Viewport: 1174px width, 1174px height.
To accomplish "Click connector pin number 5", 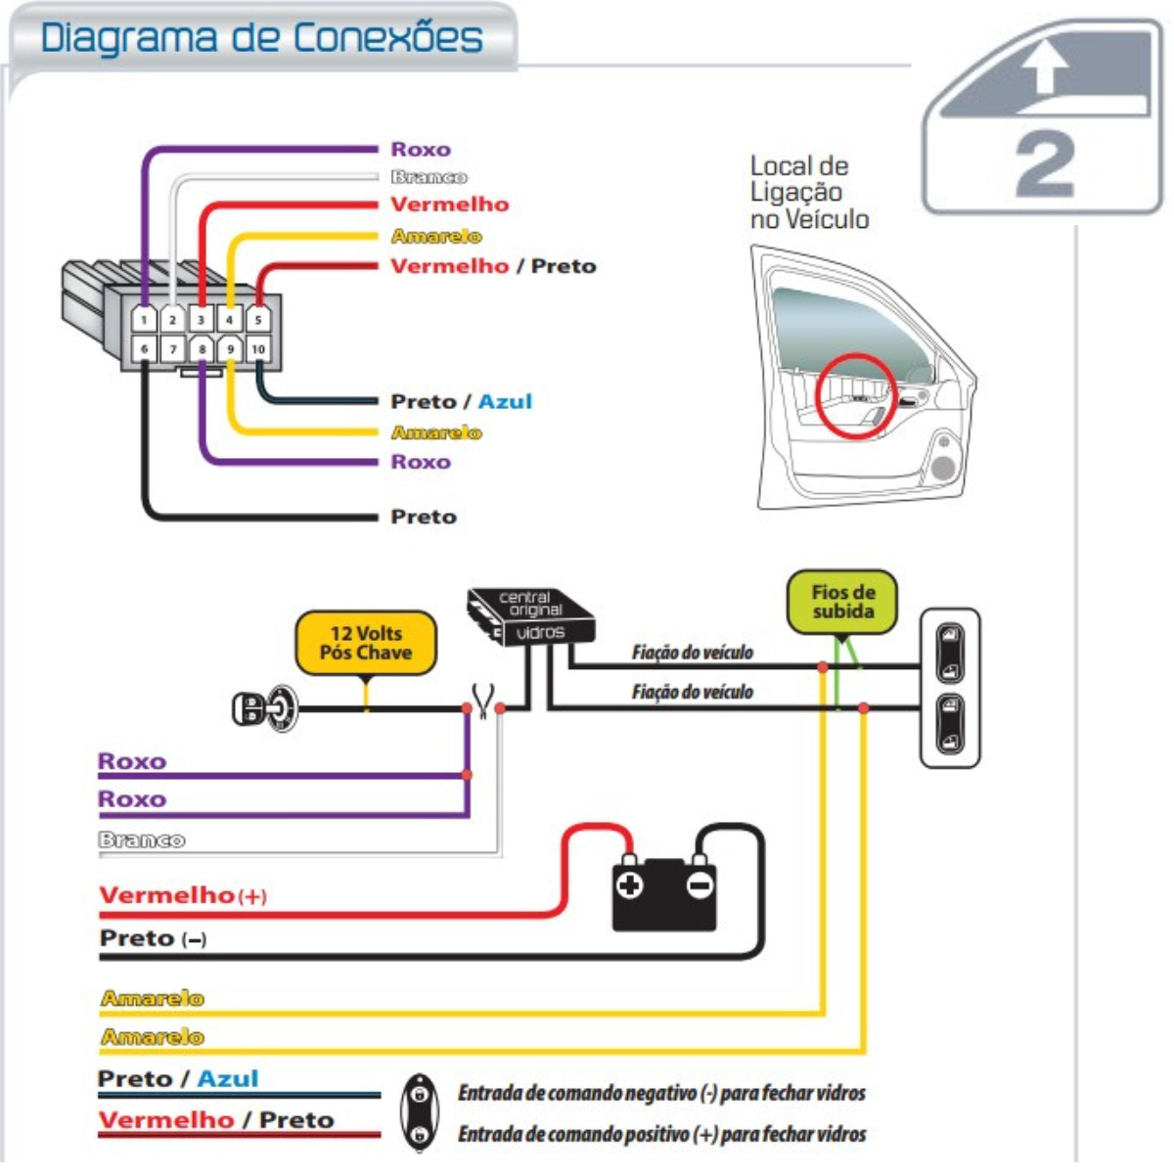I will click(x=258, y=319).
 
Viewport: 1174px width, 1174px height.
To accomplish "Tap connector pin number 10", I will click(x=258, y=348).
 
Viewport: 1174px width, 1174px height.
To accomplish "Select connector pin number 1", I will click(x=144, y=319).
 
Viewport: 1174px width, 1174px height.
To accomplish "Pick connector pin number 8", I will click(x=202, y=348).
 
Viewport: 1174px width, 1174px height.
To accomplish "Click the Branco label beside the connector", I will click(x=429, y=177).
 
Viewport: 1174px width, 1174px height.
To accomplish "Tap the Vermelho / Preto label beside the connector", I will click(x=492, y=266).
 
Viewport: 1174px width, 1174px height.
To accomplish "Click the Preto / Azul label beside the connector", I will click(x=461, y=401).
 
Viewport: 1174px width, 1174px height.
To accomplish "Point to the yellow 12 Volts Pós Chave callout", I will click(x=366, y=643).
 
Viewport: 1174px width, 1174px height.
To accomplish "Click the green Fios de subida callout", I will click(x=842, y=602).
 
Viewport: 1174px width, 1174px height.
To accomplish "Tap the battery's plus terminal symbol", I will click(x=629, y=885).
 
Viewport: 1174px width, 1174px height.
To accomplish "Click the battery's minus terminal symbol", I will click(x=700, y=885).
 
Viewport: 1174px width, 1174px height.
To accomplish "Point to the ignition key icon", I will click(x=264, y=707).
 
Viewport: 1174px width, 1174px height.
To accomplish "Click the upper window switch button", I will click(x=950, y=652).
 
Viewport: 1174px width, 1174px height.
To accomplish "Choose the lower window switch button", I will click(x=950, y=724).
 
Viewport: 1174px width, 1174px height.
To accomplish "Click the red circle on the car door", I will click(x=856, y=395).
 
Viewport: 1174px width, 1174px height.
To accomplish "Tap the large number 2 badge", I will click(x=1045, y=164).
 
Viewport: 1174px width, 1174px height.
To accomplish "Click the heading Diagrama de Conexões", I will click(x=261, y=38).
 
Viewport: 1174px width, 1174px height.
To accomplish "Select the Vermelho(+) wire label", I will click(x=183, y=895).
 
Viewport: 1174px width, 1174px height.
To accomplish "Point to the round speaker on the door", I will click(x=942, y=468).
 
